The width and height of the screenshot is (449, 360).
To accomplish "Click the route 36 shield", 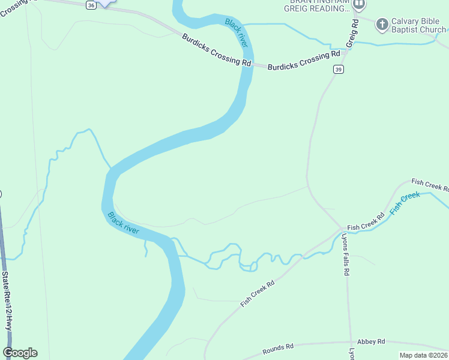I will (x=90, y=5).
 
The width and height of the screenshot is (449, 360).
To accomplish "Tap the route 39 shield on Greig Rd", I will (x=339, y=70).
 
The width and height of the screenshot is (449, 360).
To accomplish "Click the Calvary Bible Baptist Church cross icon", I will (x=382, y=25).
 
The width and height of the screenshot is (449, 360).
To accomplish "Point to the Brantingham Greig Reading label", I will (x=316, y=5).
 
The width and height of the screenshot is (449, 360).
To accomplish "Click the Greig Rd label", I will (x=355, y=34).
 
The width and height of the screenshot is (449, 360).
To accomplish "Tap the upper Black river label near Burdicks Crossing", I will (x=237, y=33).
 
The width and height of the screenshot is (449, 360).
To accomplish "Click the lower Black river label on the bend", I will (x=123, y=223).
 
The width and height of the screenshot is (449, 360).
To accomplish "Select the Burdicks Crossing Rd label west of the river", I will (x=217, y=50).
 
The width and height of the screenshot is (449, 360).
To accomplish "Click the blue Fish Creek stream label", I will (x=405, y=203).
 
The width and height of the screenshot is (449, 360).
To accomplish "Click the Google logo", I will (x=20, y=353).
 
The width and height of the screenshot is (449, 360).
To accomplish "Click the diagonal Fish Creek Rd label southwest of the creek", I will (x=257, y=293).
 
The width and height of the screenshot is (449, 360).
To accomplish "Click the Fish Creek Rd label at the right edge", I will (x=430, y=184).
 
